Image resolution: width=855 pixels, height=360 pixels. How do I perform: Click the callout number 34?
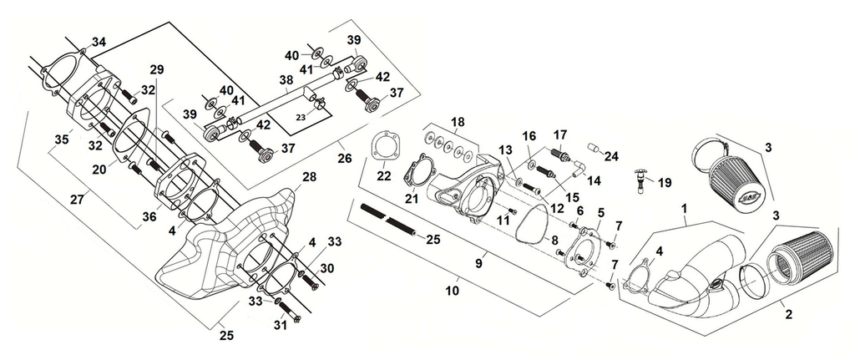pyautogui.click(x=99, y=42)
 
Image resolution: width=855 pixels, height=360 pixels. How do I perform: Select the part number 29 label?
pyautogui.click(x=157, y=68)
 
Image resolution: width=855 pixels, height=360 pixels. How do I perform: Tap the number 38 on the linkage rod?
pyautogui.click(x=286, y=81)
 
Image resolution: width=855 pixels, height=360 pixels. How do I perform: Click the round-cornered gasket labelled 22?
pyautogui.click(x=383, y=147)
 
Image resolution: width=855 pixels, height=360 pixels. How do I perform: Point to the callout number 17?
pyautogui.click(x=559, y=134)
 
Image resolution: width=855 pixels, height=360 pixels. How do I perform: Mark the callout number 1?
pyautogui.click(x=684, y=205)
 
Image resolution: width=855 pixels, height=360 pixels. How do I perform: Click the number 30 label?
pyautogui.click(x=328, y=268)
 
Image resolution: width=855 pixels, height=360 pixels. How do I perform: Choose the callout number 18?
pyautogui.click(x=458, y=123)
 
